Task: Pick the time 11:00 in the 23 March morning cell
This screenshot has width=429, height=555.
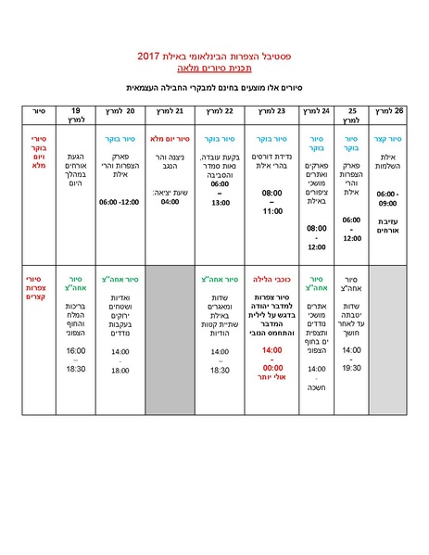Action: pos(271,211)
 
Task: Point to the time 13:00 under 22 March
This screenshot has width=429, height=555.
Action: pos(221,202)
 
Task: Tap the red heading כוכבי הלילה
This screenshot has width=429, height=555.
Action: pos(271,277)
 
